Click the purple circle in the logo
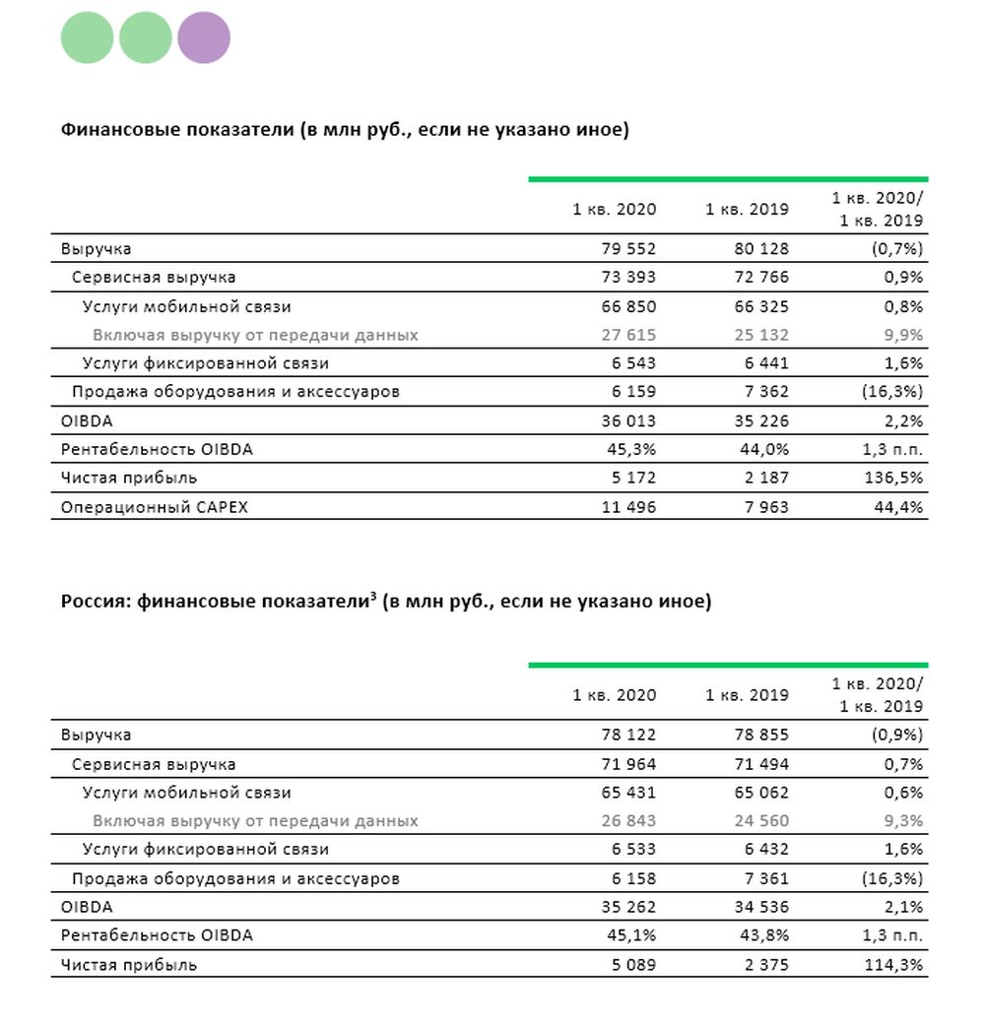pyautogui.click(x=204, y=37)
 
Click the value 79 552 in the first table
pyautogui.click(x=628, y=249)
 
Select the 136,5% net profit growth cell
pyautogui.click(x=893, y=479)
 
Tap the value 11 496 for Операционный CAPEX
pyautogui.click(x=628, y=507)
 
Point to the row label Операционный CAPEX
pyautogui.click(x=154, y=507)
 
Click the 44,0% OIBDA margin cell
pyautogui.click(x=764, y=449)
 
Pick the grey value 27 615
pyautogui.click(x=628, y=335)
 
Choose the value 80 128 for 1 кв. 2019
pyautogui.click(x=761, y=249)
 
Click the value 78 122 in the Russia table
pyautogui.click(x=628, y=735)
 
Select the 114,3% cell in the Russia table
pyautogui.click(x=893, y=965)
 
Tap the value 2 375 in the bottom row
pyautogui.click(x=767, y=965)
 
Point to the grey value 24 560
pyautogui.click(x=761, y=821)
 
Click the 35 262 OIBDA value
pyautogui.click(x=628, y=907)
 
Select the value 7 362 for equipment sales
pyautogui.click(x=767, y=392)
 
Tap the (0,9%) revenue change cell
pyautogui.click(x=897, y=735)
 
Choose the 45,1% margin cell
pyautogui.click(x=631, y=935)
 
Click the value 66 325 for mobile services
pyautogui.click(x=761, y=307)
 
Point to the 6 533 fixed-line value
pyautogui.click(x=633, y=849)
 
